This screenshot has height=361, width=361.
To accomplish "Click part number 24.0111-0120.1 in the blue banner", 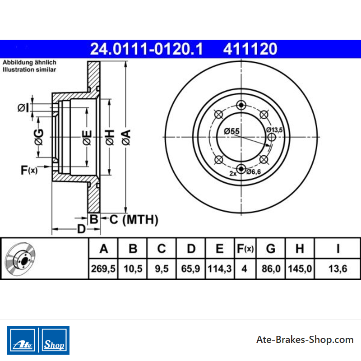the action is pyautogui.click(x=146, y=49).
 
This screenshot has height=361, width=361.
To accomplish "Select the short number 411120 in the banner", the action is pyautogui.click(x=250, y=49).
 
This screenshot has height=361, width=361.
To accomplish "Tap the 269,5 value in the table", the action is pyautogui.click(x=103, y=268).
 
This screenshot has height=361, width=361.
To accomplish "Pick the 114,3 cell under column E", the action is pyautogui.click(x=219, y=268).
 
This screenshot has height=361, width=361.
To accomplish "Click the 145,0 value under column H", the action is pyautogui.click(x=300, y=268).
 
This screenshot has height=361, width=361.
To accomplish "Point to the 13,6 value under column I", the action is pyautogui.click(x=338, y=268).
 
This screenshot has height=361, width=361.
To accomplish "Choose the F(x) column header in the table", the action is pyautogui.click(x=245, y=249).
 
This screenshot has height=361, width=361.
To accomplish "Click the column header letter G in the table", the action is pyautogui.click(x=271, y=249).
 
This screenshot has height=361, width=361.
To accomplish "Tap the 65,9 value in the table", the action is pyautogui.click(x=190, y=268).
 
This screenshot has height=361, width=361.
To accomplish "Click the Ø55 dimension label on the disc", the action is pyautogui.click(x=231, y=131).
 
